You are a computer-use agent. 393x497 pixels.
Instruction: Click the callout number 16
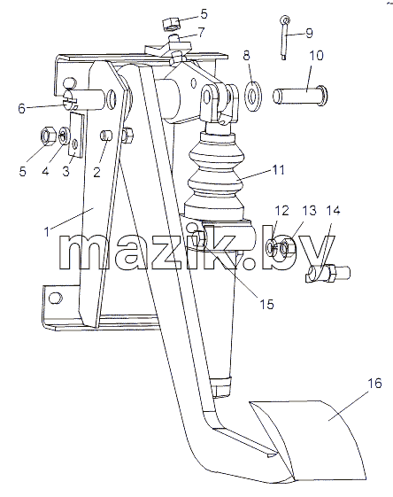click(374, 384)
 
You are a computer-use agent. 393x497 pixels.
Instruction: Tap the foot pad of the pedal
click(311, 440)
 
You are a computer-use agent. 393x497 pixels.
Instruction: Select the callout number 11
click(279, 170)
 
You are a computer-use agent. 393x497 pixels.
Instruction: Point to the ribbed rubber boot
click(216, 177)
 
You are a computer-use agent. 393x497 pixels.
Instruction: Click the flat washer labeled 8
click(253, 97)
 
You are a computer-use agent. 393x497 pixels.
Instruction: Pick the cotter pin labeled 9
click(284, 37)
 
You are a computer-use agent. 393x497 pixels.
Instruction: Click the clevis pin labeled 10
click(300, 96)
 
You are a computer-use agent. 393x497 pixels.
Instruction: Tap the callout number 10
click(316, 55)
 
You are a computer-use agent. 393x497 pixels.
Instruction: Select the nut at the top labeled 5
click(172, 24)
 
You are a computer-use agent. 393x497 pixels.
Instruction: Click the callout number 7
click(201, 32)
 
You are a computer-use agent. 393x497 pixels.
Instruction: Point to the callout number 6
click(21, 109)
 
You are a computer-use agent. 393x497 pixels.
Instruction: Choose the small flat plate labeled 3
click(76, 135)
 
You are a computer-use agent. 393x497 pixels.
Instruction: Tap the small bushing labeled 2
click(106, 136)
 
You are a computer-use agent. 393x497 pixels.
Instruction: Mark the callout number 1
click(47, 232)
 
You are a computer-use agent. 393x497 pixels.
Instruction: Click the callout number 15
click(266, 304)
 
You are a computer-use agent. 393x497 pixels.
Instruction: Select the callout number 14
click(333, 211)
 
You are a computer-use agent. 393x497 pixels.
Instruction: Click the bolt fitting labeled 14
click(328, 273)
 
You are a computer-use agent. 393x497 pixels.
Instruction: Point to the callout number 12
click(281, 211)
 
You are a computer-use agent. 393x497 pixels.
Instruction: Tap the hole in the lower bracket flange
click(56, 298)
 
